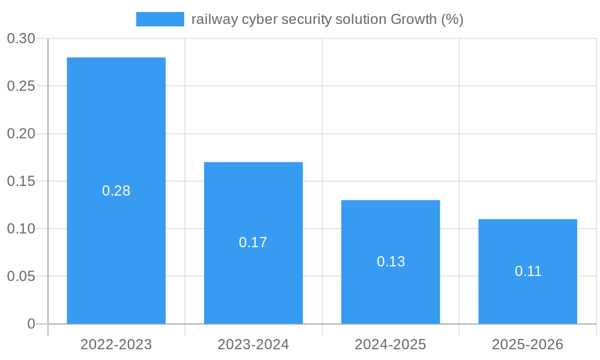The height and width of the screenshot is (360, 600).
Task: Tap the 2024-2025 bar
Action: tap(391, 228)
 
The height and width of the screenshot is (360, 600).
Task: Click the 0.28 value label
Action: tap(116, 191)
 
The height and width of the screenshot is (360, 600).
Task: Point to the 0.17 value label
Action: tap(253, 242)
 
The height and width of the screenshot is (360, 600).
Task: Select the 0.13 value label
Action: tap(391, 262)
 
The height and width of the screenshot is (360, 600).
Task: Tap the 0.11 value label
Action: tap(528, 271)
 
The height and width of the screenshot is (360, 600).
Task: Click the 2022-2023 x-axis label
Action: tap(116, 344)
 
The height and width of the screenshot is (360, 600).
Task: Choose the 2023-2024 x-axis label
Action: tap(253, 344)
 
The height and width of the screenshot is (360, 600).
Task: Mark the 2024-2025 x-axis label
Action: tap(391, 344)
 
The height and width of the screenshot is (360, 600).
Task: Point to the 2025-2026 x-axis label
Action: tap(527, 344)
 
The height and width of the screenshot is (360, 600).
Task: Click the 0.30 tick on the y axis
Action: tap(21, 39)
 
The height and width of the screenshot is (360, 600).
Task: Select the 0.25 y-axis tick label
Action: tap(21, 86)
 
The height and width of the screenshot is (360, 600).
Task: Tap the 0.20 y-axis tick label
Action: tap(21, 134)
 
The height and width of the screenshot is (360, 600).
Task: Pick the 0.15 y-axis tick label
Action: tap(21, 181)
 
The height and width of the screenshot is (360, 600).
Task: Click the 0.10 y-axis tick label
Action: tap(21, 229)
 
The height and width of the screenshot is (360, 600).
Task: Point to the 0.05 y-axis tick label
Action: tap(21, 277)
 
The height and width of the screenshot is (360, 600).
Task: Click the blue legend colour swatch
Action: tap(160, 19)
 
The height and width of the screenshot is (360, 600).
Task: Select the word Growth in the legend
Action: tap(413, 19)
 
